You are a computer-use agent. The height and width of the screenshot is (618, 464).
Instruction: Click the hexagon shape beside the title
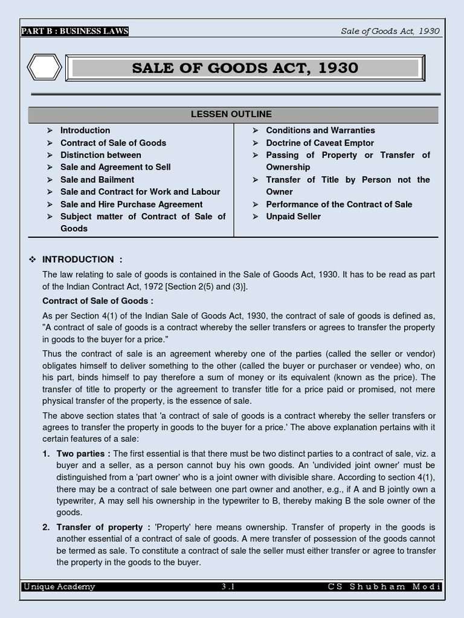pyautogui.click(x=45, y=67)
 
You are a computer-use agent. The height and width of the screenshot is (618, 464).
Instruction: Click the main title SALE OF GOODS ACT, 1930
pyautogui.click(x=245, y=68)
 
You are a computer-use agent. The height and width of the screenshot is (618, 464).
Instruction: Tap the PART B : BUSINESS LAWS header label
pyautogui.click(x=75, y=31)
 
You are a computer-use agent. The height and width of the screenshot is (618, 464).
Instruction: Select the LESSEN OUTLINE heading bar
pyautogui.click(x=231, y=114)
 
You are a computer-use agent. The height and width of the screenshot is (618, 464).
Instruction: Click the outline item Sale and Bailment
pyautogui.click(x=97, y=179)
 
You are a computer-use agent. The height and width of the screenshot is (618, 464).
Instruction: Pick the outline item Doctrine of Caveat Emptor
pyautogui.click(x=320, y=143)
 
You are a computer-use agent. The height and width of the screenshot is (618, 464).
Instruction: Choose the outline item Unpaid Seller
pyautogui.click(x=294, y=216)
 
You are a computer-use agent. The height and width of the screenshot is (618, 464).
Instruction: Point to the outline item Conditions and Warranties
pyautogui.click(x=320, y=130)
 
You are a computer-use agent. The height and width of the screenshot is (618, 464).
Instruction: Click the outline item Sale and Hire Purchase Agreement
pyautogui.click(x=132, y=204)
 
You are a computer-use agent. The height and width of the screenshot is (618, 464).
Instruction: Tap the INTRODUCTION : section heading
pyautogui.click(x=82, y=260)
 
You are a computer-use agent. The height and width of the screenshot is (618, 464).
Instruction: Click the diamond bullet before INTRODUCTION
pyautogui.click(x=33, y=260)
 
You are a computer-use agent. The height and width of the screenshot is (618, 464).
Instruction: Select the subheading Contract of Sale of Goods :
pyautogui.click(x=98, y=301)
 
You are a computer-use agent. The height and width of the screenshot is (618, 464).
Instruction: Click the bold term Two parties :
pyautogui.click(x=83, y=454)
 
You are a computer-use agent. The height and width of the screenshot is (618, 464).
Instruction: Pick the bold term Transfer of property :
pyautogui.click(x=100, y=527)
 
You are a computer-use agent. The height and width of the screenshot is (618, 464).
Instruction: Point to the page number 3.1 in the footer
pyautogui.click(x=232, y=587)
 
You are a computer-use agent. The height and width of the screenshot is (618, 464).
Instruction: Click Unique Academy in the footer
pyautogui.click(x=59, y=587)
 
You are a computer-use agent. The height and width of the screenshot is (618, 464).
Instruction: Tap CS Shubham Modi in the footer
pyautogui.click(x=384, y=587)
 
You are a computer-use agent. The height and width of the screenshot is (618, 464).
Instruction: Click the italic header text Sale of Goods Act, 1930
pyautogui.click(x=390, y=31)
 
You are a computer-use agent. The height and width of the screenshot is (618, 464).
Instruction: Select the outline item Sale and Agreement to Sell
pyautogui.click(x=115, y=167)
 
